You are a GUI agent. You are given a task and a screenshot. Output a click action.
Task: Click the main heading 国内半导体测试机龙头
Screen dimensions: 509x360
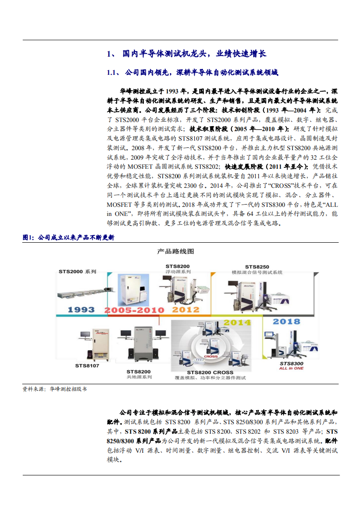click(x=186, y=54)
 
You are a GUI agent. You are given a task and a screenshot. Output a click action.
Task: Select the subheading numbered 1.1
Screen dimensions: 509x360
click(x=192, y=73)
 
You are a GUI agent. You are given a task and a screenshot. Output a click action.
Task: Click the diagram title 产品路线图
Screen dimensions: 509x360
click(x=176, y=251)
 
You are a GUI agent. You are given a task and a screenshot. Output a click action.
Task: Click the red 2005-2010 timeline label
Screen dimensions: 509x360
click(x=134, y=310)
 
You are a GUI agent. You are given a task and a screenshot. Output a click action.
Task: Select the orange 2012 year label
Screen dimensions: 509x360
click(x=186, y=310)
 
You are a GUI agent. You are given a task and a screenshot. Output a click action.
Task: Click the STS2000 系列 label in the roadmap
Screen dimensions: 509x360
click(x=77, y=272)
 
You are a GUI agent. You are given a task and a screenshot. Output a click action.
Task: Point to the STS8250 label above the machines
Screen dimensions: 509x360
click(x=257, y=266)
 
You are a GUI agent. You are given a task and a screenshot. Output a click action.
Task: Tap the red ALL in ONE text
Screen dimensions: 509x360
click(x=291, y=368)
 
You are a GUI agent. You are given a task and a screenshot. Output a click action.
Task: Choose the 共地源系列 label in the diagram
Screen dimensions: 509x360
click(x=139, y=377)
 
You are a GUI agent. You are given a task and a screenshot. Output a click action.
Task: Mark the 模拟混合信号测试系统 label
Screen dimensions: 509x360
click(x=257, y=272)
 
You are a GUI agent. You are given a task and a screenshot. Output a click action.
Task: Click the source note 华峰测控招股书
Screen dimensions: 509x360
click(x=68, y=389)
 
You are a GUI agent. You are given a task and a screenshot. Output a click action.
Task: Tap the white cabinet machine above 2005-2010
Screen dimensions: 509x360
click(x=130, y=289)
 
